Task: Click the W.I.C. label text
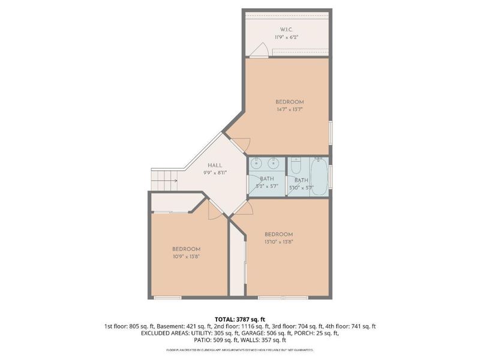[286, 29]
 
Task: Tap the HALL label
[215, 166]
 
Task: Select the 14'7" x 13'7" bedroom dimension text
[289, 110]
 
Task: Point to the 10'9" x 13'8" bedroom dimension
[186, 257]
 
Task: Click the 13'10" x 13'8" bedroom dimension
[278, 242]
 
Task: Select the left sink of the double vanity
[257, 162]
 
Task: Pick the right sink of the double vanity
[273, 162]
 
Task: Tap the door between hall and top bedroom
[241, 144]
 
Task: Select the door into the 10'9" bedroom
[214, 208]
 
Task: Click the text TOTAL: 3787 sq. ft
[240, 319]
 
